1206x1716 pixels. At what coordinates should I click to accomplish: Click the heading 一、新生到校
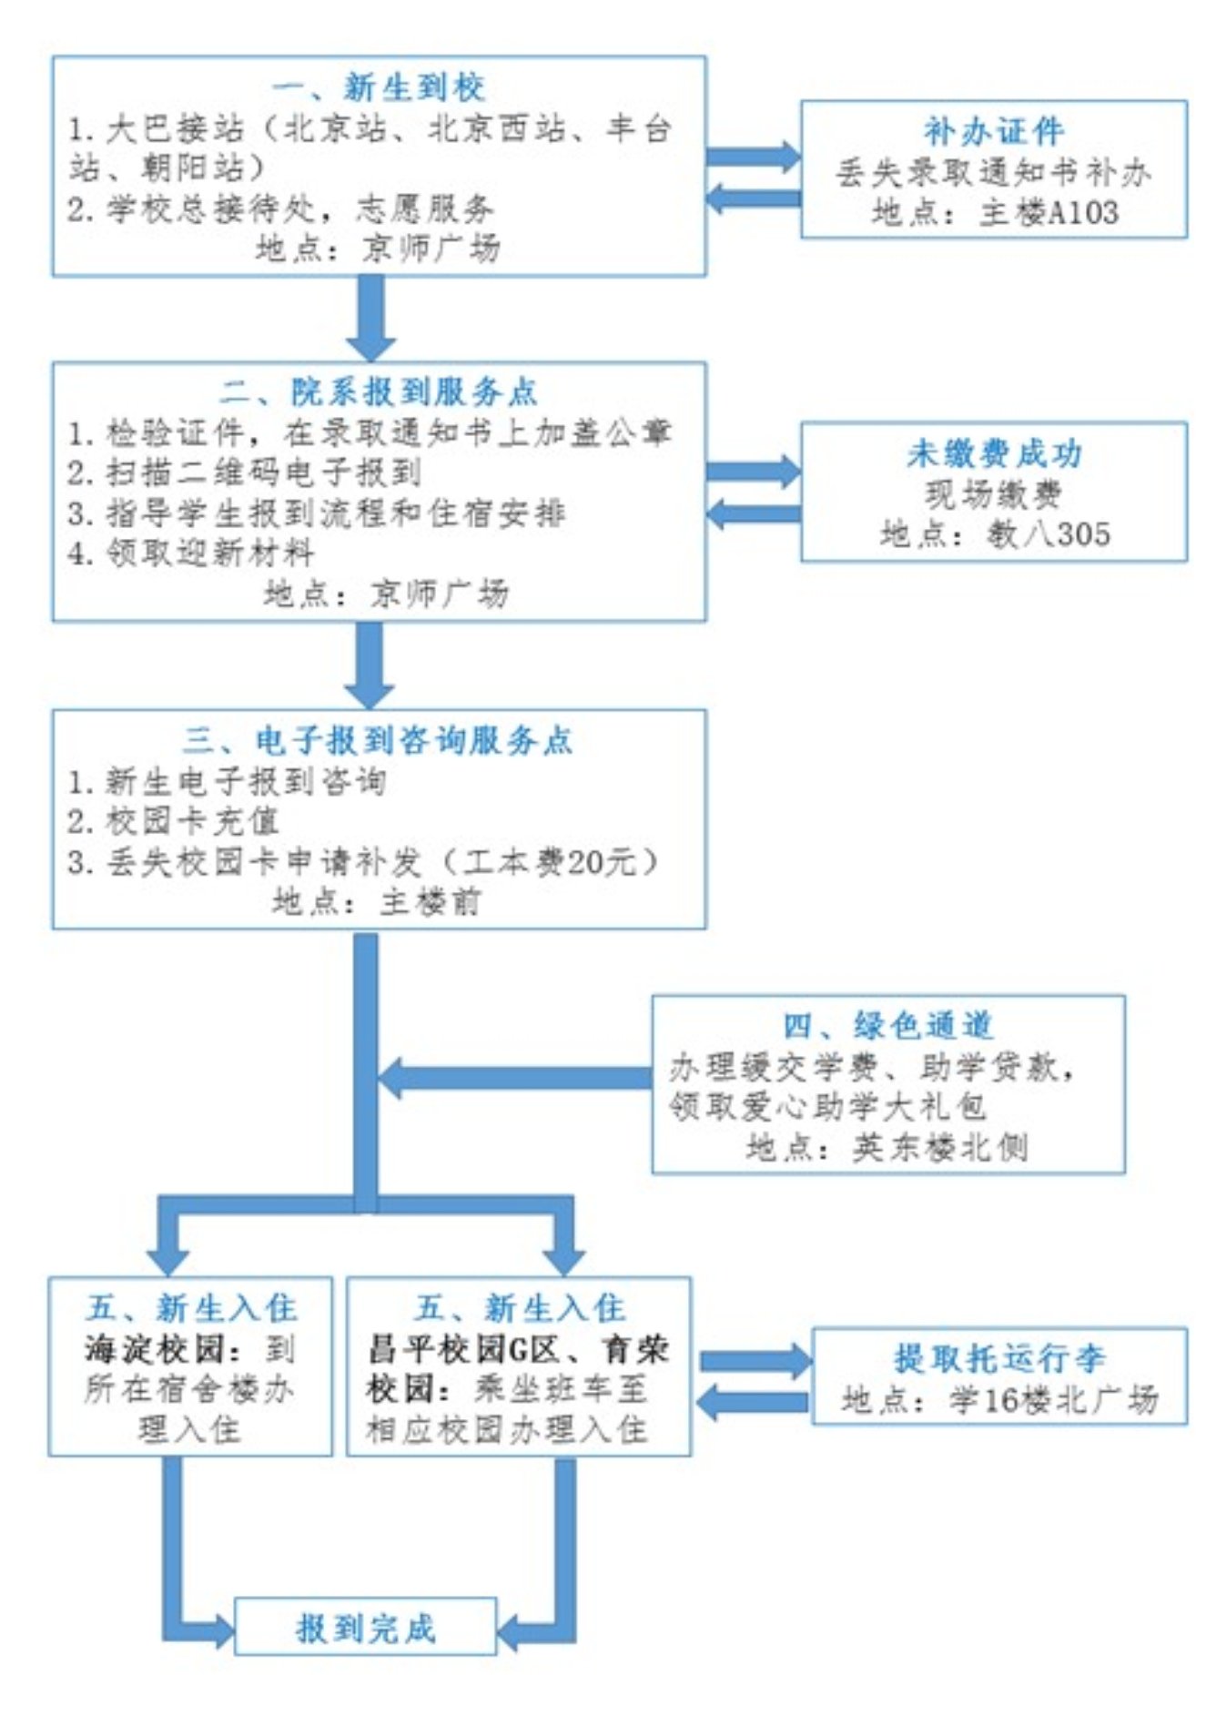click(378, 87)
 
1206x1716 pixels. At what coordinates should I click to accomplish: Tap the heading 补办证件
click(993, 132)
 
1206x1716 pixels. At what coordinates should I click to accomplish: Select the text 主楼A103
click(1049, 212)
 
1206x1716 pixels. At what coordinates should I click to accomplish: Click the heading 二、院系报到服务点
click(378, 391)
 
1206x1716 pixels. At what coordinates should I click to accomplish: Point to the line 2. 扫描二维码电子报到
click(244, 472)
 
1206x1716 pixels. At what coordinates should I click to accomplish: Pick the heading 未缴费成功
click(993, 453)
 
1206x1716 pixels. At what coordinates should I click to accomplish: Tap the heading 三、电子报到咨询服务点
click(378, 740)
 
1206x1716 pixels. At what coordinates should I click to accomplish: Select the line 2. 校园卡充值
click(173, 821)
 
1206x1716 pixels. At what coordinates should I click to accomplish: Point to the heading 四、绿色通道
click(887, 1025)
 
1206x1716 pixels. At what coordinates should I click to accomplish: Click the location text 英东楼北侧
click(939, 1147)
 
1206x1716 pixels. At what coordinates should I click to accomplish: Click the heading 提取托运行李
click(998, 1358)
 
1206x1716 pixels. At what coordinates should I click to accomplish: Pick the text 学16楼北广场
click(1052, 1399)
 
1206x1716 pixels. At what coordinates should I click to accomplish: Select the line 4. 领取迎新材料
click(191, 553)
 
